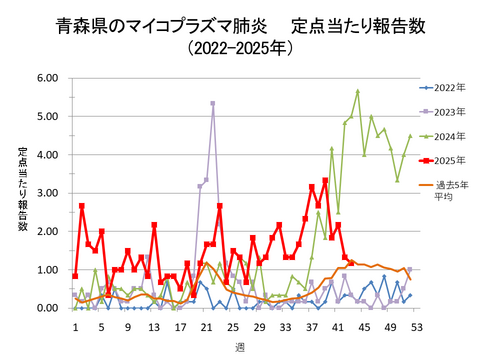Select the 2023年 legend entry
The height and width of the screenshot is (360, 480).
451,112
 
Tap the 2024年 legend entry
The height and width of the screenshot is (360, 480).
451,135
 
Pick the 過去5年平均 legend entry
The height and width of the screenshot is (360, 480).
451,191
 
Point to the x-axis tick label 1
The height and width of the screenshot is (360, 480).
75,326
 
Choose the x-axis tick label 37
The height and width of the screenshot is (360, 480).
312,326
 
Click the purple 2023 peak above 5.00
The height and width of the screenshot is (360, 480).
213,103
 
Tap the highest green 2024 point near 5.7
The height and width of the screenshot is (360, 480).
357,91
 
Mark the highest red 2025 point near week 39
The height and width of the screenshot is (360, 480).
325,181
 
